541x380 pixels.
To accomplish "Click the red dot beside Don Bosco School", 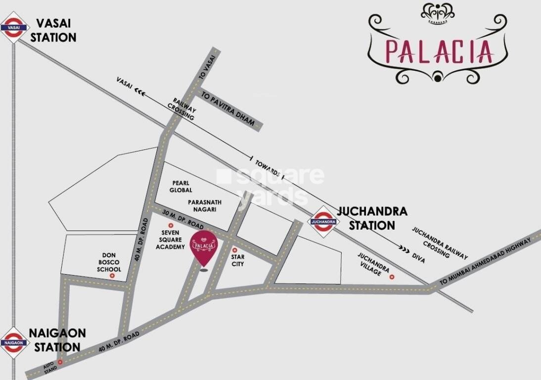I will tap(113, 275).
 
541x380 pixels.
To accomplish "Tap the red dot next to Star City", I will tap(234, 250).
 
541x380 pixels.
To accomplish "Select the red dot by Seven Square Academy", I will tap(171, 226).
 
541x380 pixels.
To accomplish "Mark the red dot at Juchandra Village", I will tap(392, 277).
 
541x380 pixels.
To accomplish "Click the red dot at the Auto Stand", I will tap(60, 362).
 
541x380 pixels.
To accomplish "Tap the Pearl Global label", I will tap(180, 186).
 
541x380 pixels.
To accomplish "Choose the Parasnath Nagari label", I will tap(204, 206).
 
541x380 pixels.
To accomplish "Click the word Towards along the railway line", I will tap(268, 168).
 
